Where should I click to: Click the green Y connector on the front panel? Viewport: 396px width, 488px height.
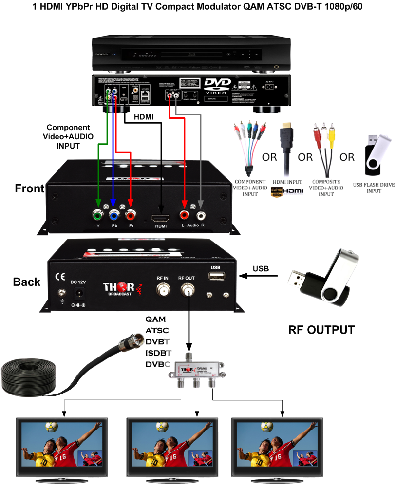coord(98,214)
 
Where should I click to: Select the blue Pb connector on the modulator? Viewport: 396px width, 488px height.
coord(114,214)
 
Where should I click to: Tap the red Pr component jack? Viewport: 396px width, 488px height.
coord(131,214)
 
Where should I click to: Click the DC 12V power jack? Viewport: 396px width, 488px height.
coord(78,293)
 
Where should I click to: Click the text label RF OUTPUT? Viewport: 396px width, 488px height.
coord(321,330)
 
